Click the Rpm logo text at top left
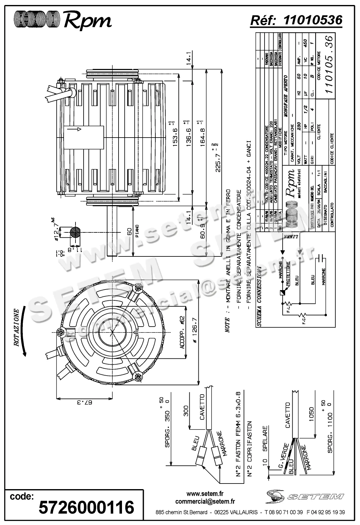87,21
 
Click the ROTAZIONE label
17,328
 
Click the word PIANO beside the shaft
137,231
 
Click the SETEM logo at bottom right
305,496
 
